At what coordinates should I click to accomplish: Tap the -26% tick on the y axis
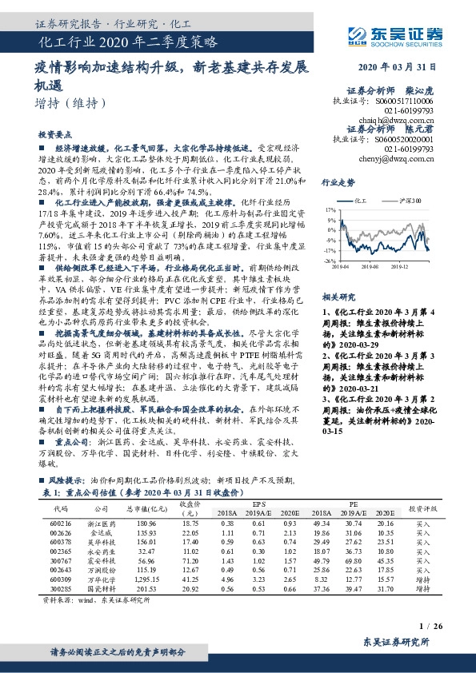[x=329, y=261]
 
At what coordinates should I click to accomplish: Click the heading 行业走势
[x=338, y=182]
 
